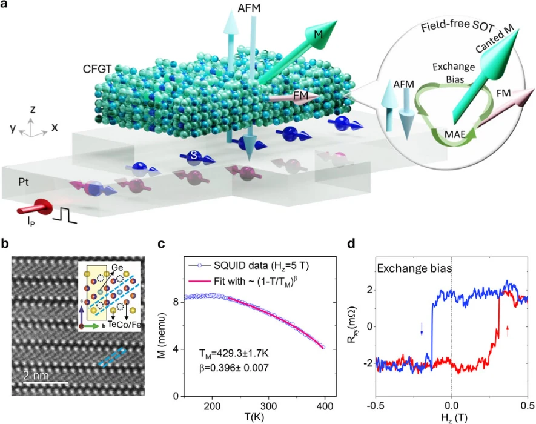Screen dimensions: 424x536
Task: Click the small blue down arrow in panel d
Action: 422,328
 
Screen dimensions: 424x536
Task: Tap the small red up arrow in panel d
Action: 508,331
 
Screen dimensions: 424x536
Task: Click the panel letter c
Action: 161,245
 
